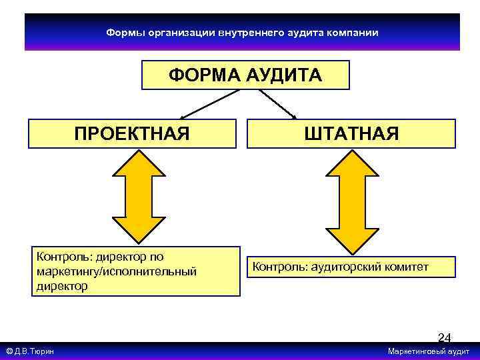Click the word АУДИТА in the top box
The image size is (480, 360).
(x=283, y=75)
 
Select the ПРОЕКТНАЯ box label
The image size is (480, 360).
(x=132, y=133)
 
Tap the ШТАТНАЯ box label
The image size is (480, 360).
(x=351, y=133)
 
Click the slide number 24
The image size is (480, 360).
(x=444, y=338)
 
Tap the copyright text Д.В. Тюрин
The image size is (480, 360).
(x=35, y=351)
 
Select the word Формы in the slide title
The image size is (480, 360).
(x=123, y=32)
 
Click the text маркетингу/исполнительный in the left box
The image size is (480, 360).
(x=117, y=271)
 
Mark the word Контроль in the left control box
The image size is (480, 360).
(x=64, y=257)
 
